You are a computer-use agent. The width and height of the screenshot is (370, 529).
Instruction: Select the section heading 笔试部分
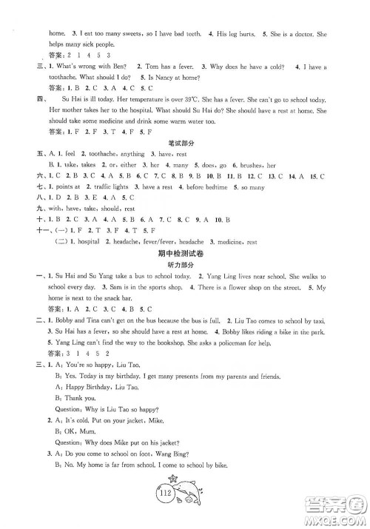point(184,146)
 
